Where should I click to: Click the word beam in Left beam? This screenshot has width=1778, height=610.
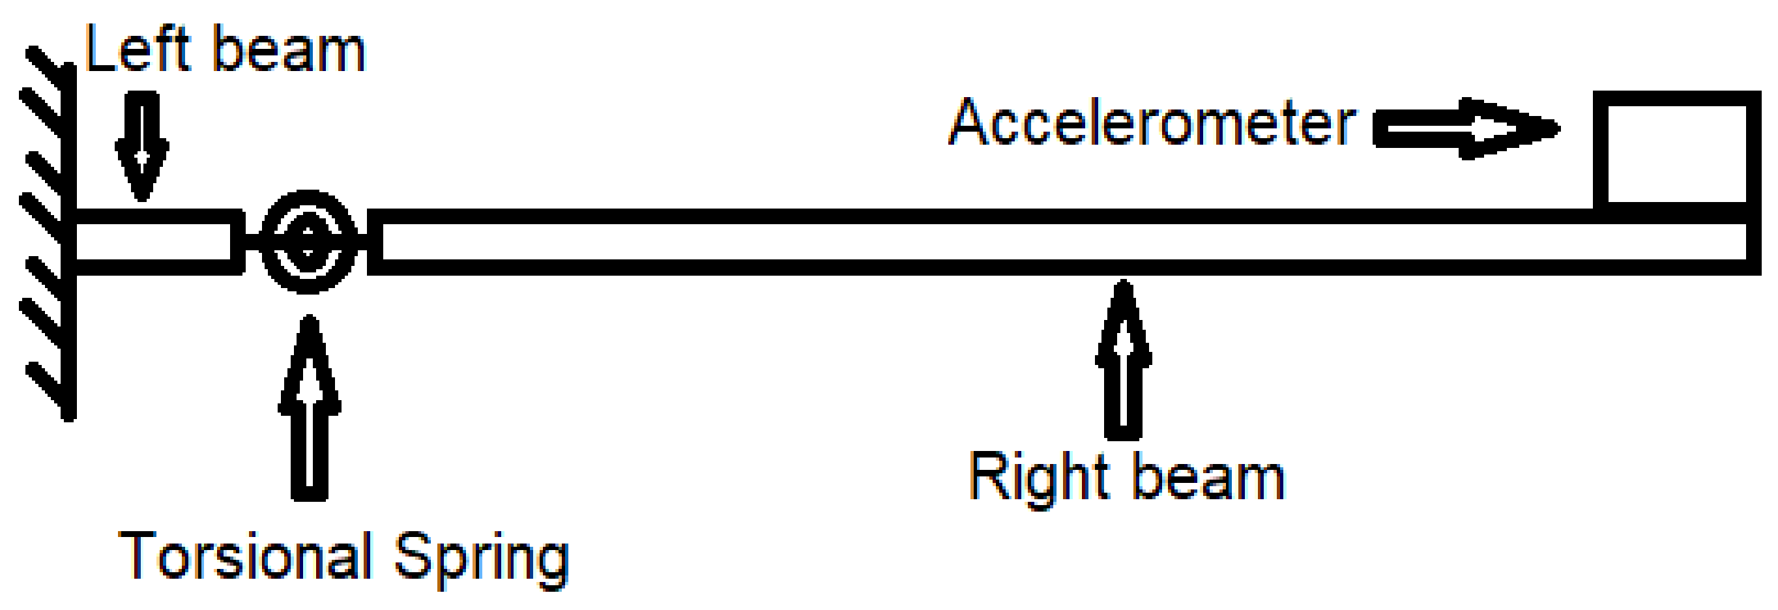pyautogui.click(x=289, y=51)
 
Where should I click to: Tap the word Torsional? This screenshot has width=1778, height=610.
pyautogui.click(x=245, y=556)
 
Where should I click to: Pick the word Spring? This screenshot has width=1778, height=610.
pyautogui.click(x=481, y=559)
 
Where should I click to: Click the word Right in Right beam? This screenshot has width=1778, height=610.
pyautogui.click(x=1039, y=478)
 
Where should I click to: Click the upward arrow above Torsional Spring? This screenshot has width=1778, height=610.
pyautogui.click(x=309, y=407)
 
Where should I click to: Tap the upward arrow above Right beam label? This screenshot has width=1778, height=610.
pyautogui.click(x=1124, y=359)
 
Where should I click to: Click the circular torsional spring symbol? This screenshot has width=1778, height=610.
pyautogui.click(x=308, y=242)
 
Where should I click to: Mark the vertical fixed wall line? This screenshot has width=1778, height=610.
pyautogui.click(x=69, y=242)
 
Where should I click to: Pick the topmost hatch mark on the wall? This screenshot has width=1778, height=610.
pyautogui.click(x=48, y=66)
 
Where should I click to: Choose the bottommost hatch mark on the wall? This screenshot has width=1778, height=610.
pyautogui.click(x=48, y=389)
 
